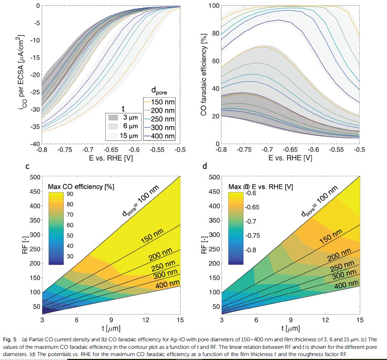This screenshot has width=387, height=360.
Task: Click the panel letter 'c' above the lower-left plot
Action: [27, 167]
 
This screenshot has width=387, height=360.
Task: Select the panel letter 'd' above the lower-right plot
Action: [205, 167]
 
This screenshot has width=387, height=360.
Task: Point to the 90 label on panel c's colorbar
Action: [70, 194]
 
